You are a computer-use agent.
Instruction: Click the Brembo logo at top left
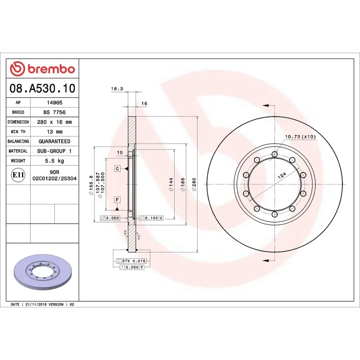click(42, 69)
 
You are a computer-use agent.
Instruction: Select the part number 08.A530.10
click(42, 88)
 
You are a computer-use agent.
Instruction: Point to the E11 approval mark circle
click(18, 175)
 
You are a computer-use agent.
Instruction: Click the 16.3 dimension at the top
click(117, 89)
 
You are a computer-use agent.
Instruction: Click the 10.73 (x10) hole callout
click(300, 136)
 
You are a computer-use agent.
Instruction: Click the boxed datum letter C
click(117, 169)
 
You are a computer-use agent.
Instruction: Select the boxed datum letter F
click(117, 199)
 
